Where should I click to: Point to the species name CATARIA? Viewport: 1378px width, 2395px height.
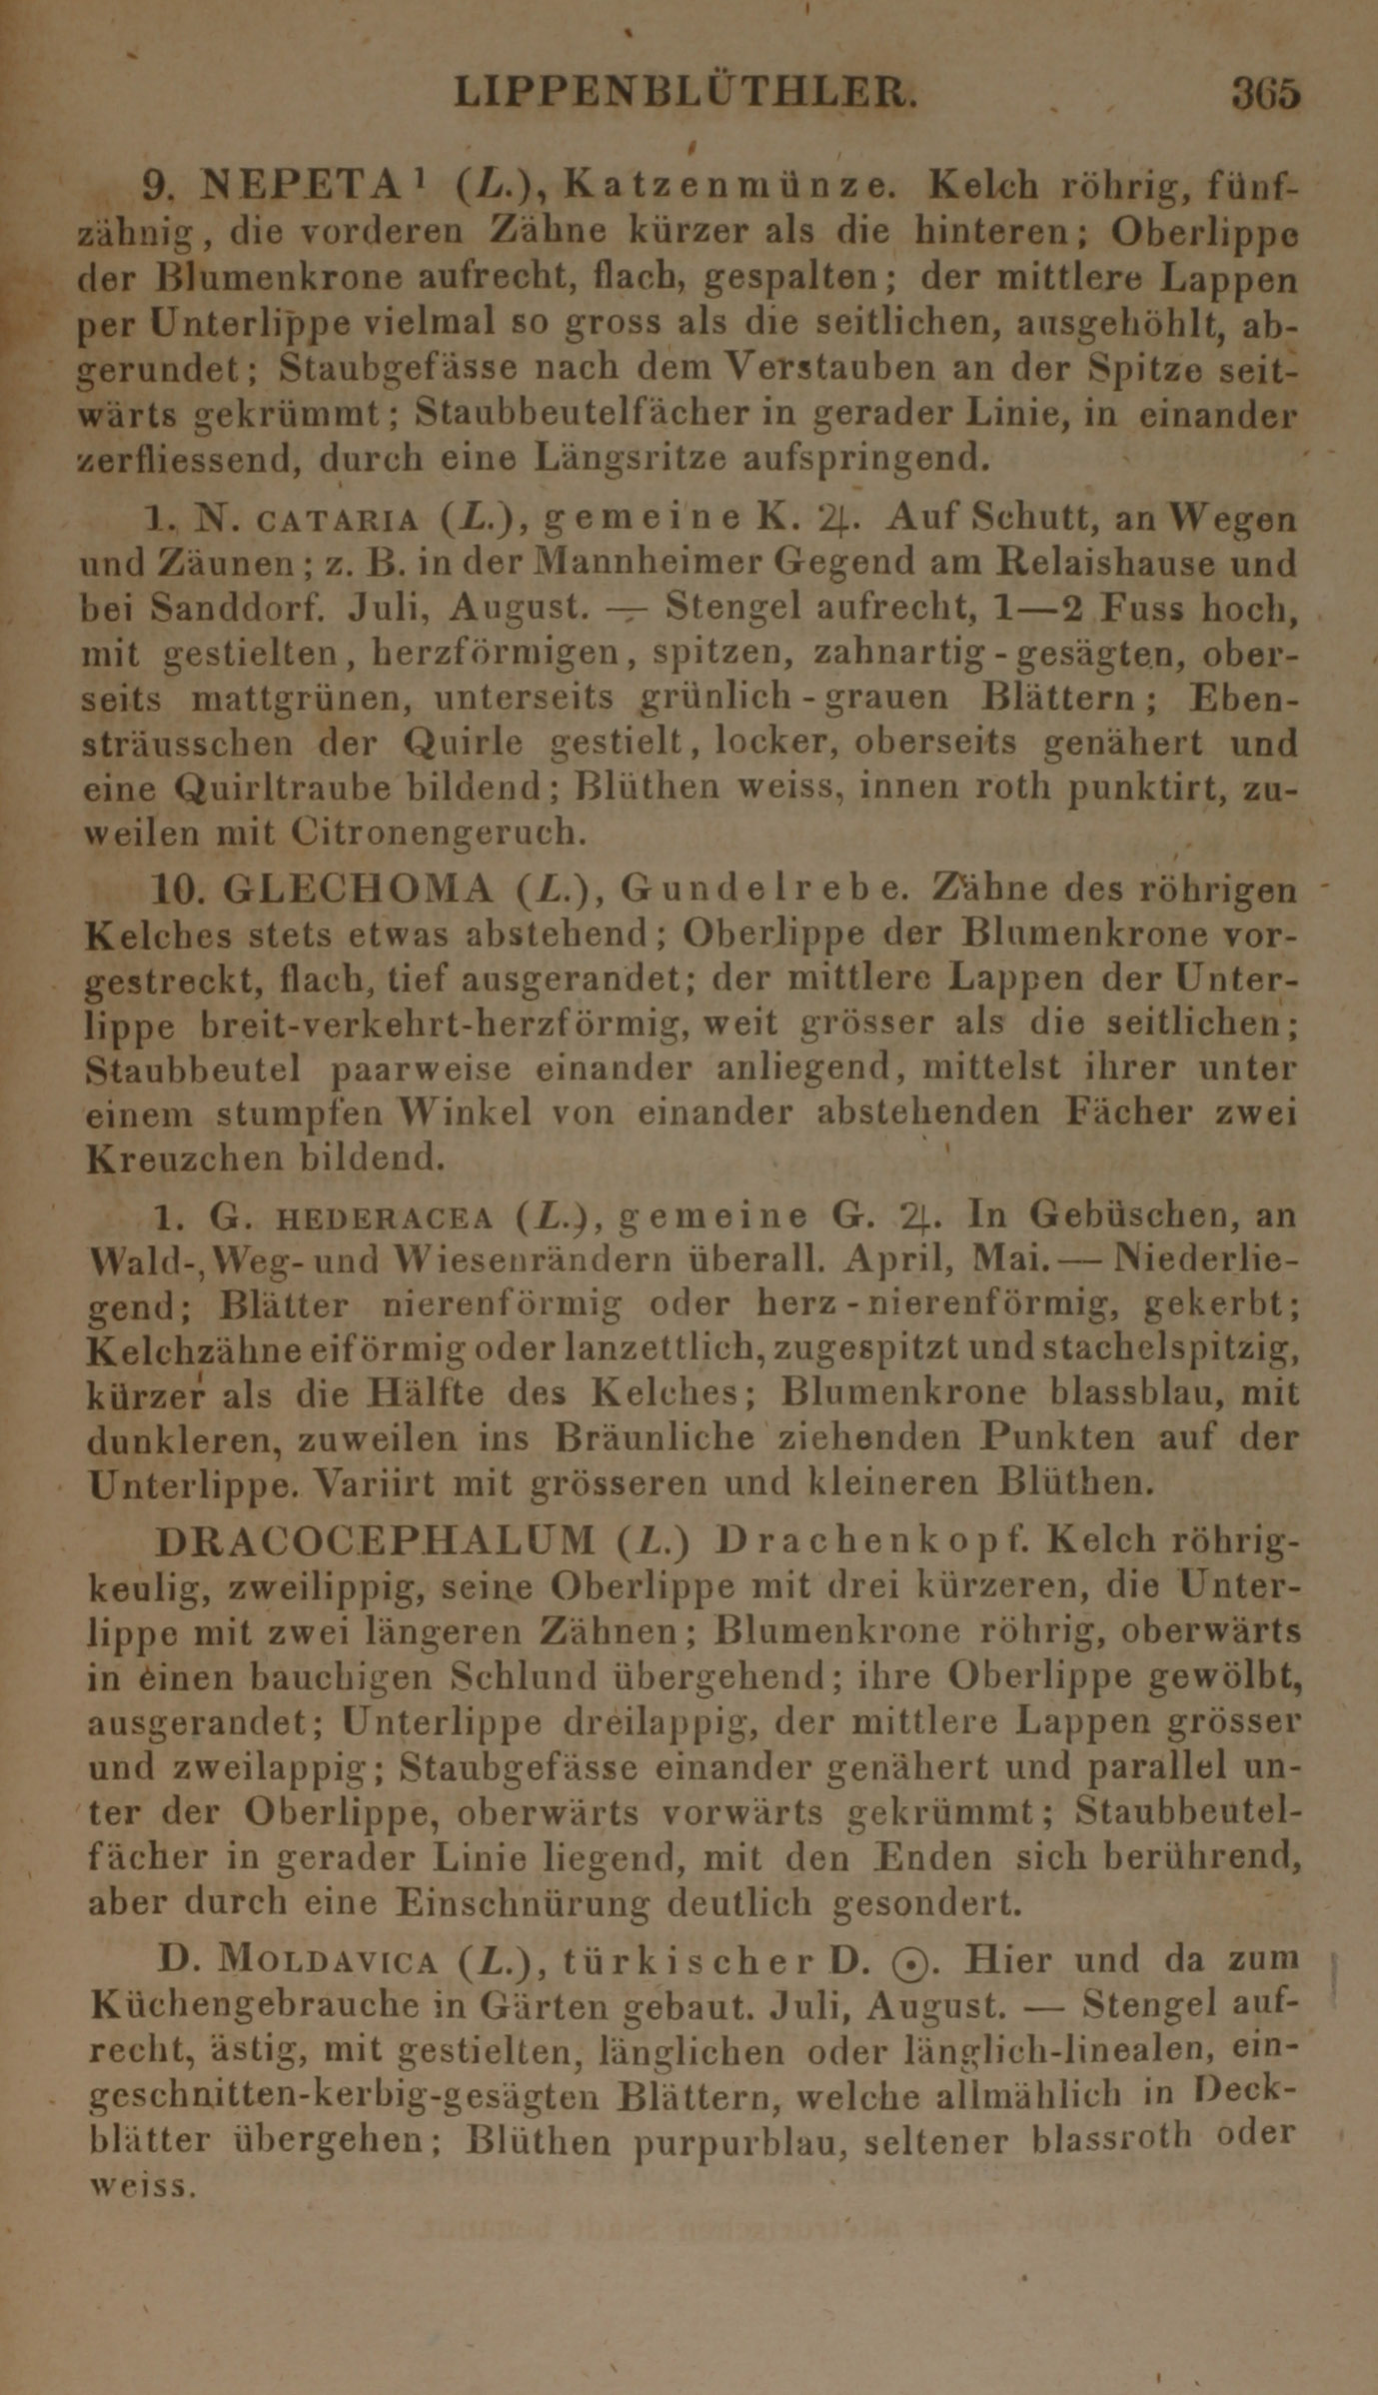point(339,521)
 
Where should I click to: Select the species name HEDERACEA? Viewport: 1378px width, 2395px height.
point(383,1217)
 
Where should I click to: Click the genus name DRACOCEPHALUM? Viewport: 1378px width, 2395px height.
point(376,1541)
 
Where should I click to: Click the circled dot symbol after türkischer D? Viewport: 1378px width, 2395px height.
point(905,1962)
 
